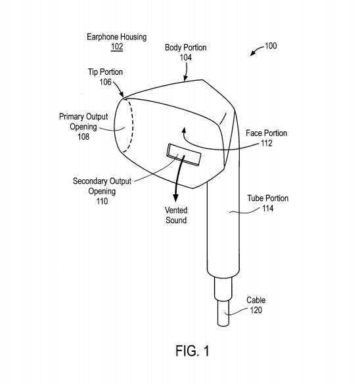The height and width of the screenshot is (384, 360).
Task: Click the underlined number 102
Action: tap(117, 47)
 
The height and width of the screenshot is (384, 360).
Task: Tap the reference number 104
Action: tap(185, 58)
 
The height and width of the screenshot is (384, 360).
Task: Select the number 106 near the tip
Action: tap(105, 82)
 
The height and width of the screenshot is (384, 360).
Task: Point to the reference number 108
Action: tap(83, 137)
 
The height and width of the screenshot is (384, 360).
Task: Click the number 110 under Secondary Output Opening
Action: tap(102, 202)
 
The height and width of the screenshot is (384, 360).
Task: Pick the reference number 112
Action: tap(267, 143)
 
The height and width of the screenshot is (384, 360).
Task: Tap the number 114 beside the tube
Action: tap(267, 208)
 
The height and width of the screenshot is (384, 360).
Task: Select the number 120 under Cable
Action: tap(256, 310)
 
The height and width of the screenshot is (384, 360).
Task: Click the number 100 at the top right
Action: tap(271, 46)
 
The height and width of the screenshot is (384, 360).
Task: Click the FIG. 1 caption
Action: tap(192, 351)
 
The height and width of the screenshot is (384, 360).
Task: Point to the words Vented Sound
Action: tap(176, 215)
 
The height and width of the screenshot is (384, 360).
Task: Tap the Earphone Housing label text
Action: tap(117, 37)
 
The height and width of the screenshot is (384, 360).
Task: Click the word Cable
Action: tap(256, 300)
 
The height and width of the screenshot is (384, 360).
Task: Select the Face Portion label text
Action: tap(266, 133)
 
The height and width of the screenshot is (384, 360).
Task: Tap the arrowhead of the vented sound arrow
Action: tap(175, 198)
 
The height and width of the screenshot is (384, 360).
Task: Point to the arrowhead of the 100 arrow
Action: tap(252, 54)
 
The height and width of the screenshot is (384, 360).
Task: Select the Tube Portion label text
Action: tap(267, 198)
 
